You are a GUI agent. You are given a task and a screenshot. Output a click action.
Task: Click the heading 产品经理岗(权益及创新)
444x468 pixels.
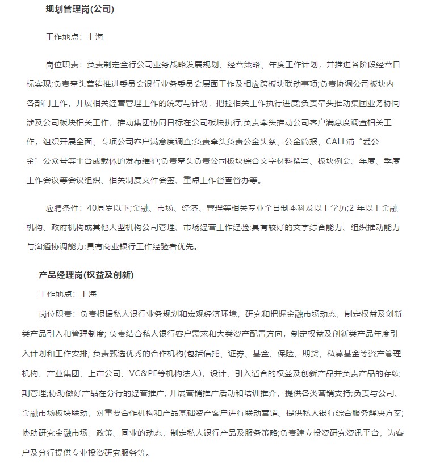86,275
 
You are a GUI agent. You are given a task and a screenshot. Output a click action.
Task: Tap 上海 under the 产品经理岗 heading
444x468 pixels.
89,294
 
